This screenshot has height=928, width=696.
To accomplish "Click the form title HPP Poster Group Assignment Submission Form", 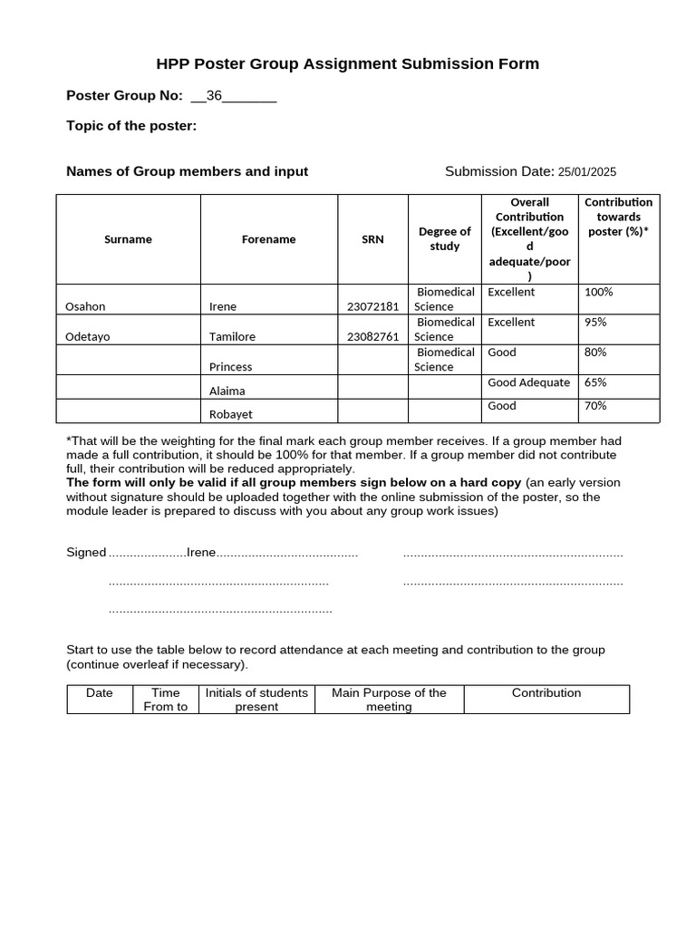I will pos(347,63).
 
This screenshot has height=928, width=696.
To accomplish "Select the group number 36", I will pos(215,96).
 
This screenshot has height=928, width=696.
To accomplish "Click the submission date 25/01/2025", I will pos(586,172).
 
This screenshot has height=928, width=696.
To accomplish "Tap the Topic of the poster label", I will pos(131,126).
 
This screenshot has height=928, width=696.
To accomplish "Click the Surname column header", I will pos(128,239).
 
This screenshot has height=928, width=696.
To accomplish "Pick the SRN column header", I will pos(372,239).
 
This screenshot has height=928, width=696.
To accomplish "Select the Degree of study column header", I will pos(444,239).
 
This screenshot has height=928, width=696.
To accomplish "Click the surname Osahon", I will pos(85,307).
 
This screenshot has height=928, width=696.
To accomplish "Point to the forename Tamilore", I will pos(232,337).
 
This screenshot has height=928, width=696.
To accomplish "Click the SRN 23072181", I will pos(372,307).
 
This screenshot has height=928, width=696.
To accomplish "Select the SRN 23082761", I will pos(372,337).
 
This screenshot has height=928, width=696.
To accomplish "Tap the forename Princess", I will pos(230,367).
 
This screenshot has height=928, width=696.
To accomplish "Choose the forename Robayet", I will pos(230,414).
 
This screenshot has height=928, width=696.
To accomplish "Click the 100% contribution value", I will pos(598,293).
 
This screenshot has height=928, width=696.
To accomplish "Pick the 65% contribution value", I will pos(595,382).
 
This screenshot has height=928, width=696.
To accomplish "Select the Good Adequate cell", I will pos(528,382).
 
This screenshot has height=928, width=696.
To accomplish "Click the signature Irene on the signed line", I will pos(200,553).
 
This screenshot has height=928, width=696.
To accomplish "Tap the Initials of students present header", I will pos(256,700).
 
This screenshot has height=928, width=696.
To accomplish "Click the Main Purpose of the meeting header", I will pos(389,700).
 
